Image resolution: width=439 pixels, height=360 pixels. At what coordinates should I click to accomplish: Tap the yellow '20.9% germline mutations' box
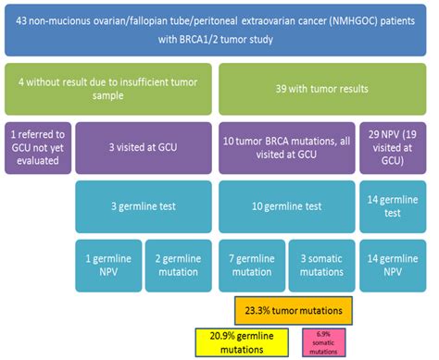click(243, 341)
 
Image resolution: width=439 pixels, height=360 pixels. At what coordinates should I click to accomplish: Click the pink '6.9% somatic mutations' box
click(324, 341)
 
